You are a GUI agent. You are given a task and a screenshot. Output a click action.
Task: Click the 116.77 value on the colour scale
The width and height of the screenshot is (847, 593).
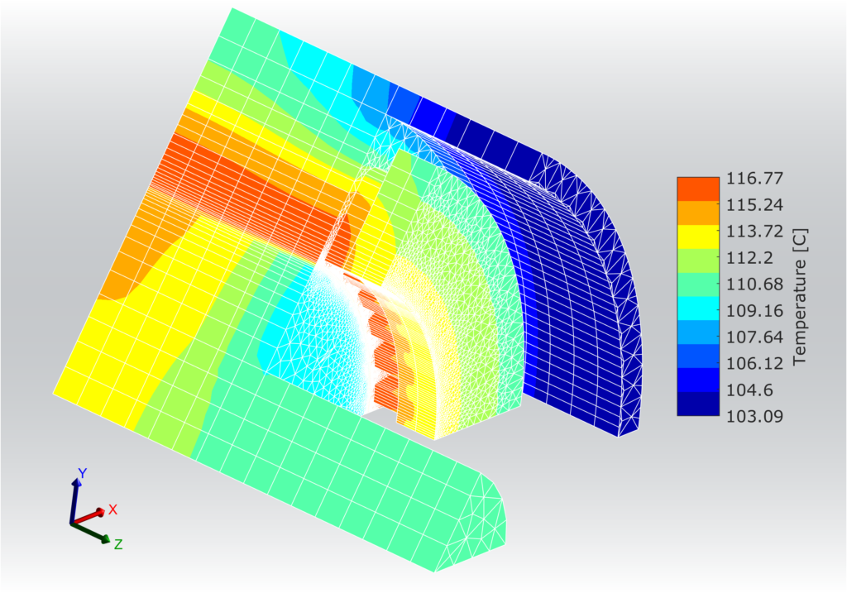click(x=754, y=178)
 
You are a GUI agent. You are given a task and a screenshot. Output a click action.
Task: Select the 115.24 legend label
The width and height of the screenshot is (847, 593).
click(x=754, y=204)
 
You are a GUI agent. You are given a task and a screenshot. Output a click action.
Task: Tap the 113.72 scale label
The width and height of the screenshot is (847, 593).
click(x=754, y=231)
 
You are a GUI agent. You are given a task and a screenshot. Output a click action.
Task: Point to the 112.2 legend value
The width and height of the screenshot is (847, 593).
click(x=749, y=257)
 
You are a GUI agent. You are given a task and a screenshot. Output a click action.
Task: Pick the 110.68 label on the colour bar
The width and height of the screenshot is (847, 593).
click(x=754, y=284)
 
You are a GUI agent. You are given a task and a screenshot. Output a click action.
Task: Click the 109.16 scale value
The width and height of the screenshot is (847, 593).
click(x=754, y=310)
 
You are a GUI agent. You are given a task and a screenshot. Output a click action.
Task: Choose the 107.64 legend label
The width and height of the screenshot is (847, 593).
click(x=754, y=337)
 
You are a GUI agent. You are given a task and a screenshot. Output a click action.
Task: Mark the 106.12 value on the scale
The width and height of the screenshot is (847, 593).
click(x=754, y=363)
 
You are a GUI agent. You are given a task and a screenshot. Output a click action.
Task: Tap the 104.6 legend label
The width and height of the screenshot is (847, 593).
click(x=749, y=390)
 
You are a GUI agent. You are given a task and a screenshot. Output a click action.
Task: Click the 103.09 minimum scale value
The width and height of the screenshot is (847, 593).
click(x=754, y=416)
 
